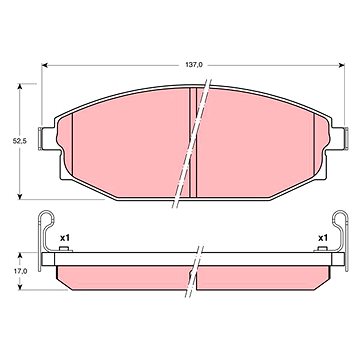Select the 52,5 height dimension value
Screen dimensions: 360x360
point(19,141)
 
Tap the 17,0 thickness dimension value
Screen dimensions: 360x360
point(19,271)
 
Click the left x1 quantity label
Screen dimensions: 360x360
point(64,238)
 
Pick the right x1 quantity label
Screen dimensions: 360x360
point(322,238)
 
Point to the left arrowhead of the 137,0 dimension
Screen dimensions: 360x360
point(44,65)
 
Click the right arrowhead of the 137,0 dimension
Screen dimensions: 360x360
point(341,65)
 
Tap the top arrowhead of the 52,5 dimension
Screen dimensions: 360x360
point(20,86)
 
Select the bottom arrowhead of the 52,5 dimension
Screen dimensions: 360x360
point(20,196)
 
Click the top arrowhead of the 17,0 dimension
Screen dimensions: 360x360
point(20,255)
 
